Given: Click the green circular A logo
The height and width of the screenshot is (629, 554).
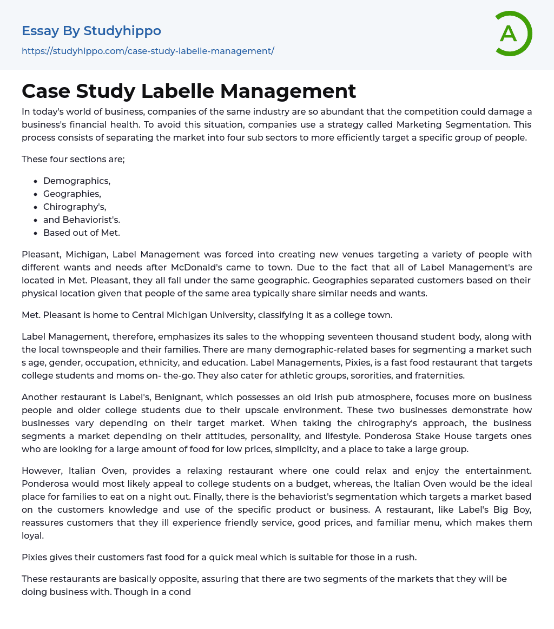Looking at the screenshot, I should (x=513, y=34).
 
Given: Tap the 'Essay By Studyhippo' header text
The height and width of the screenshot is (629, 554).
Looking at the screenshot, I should (x=91, y=31).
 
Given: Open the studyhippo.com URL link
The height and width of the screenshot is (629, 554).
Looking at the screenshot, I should (x=148, y=51).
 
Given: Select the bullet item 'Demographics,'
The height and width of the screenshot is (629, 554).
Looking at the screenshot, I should (x=77, y=181).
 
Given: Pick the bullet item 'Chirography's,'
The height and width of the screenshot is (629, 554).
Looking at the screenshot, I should (x=75, y=207).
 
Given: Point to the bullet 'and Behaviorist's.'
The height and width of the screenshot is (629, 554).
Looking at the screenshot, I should (x=82, y=220).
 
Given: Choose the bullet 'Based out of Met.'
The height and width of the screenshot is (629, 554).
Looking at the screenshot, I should (x=82, y=233).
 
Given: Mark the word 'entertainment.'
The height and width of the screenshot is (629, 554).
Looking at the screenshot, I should (x=499, y=471).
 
